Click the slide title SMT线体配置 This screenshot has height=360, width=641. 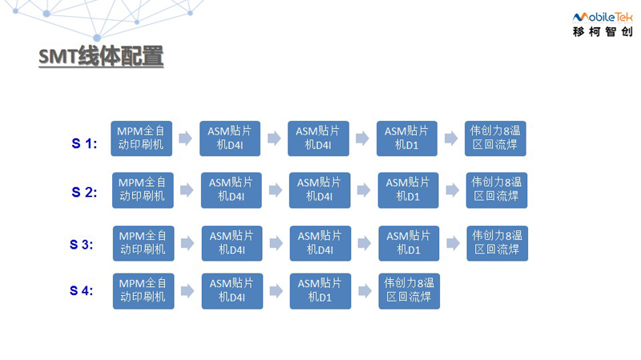pyautogui.click(x=101, y=56)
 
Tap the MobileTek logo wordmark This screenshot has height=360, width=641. pyautogui.click(x=603, y=17)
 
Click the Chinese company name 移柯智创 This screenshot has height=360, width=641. pyautogui.click(x=603, y=31)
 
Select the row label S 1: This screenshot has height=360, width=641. pyautogui.click(x=84, y=144)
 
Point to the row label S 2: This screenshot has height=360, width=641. pyautogui.click(x=84, y=192)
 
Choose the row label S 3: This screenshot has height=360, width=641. pyautogui.click(x=82, y=245)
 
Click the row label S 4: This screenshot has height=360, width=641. pyautogui.click(x=82, y=290)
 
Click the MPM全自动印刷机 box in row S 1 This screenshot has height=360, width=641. pyautogui.click(x=142, y=138)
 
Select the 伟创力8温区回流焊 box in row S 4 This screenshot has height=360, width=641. pyautogui.click(x=409, y=291)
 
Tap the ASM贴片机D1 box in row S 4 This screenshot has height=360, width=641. pyautogui.click(x=320, y=291)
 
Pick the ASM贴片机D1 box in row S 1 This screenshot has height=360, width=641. pyautogui.click(x=407, y=138)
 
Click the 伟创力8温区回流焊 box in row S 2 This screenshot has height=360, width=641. pyautogui.click(x=497, y=190)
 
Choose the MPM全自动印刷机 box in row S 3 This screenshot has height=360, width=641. pyautogui.click(x=143, y=244)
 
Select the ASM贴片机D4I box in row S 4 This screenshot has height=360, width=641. pyautogui.click(x=232, y=291)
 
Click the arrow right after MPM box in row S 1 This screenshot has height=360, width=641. pyautogui.click(x=186, y=138)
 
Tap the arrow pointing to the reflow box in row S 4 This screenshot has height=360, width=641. pyautogui.click(x=365, y=291)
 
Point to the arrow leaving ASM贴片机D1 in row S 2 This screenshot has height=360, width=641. pyautogui.click(x=453, y=190)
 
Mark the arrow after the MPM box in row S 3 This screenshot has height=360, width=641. pyautogui.click(x=187, y=244)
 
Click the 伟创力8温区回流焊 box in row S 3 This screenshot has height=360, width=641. pyautogui.click(x=498, y=244)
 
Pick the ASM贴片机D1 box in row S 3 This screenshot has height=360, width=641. pyautogui.click(x=409, y=244)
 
